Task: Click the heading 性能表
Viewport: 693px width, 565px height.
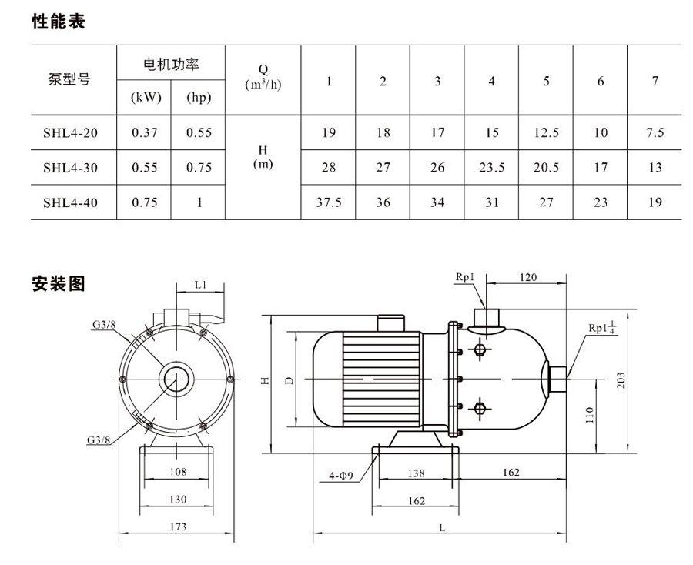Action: click(58, 22)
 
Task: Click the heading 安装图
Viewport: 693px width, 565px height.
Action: click(58, 284)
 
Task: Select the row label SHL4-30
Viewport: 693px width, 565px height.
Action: click(70, 168)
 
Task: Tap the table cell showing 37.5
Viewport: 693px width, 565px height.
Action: click(329, 202)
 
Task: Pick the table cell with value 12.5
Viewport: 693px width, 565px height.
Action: click(546, 133)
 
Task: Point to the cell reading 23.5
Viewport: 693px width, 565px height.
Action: click(491, 168)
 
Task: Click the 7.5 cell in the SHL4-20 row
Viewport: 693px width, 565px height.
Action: click(654, 133)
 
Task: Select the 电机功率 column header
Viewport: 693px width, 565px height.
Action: click(171, 65)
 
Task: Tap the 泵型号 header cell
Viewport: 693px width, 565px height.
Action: click(70, 79)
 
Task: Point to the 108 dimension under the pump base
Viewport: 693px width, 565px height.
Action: click(177, 472)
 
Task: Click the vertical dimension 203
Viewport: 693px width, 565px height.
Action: click(621, 379)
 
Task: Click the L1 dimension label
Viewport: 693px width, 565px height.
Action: click(201, 285)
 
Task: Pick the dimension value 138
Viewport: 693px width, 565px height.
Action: click(415, 473)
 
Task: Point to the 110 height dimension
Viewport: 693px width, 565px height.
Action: click(589, 415)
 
